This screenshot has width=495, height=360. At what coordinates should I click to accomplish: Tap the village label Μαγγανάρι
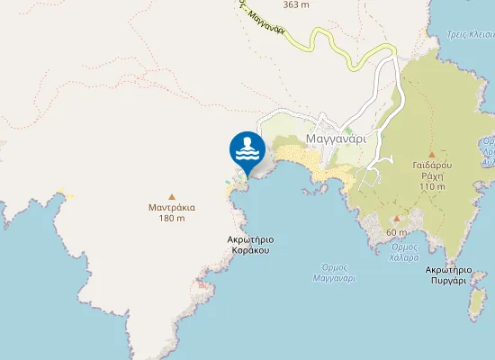click(335, 139)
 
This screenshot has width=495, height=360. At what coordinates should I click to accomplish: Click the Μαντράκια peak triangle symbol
click(172, 195)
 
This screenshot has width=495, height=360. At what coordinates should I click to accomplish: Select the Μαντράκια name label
click(172, 207)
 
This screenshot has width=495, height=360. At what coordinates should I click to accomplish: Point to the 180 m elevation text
click(172, 219)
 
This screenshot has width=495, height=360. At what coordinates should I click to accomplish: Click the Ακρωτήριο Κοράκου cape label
click(251, 245)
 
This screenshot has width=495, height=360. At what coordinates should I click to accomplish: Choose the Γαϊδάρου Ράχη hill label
click(431, 171)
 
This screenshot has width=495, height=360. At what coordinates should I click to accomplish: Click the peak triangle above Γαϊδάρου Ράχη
click(431, 154)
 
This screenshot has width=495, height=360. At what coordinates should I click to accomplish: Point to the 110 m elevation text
click(431, 186)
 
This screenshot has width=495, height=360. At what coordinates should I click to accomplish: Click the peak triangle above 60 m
click(397, 219)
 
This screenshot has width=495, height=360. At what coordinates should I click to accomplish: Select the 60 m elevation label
click(397, 233)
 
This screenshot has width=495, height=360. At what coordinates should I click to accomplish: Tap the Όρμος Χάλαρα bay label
click(405, 251)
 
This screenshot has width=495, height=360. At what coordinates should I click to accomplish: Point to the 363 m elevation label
click(296, 4)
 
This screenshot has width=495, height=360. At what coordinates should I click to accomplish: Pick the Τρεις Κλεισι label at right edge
click(470, 36)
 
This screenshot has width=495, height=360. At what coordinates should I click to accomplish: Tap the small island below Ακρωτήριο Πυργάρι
click(477, 304)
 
